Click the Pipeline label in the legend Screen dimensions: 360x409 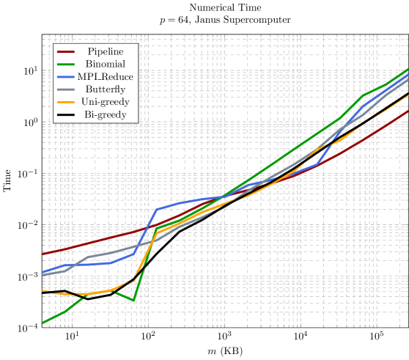click(x=105, y=51)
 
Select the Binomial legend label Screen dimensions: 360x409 click(x=105, y=65)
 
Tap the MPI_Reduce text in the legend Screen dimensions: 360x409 click(x=105, y=77)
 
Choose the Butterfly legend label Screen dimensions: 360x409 click(x=105, y=89)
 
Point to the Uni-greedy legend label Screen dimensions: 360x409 click(x=105, y=102)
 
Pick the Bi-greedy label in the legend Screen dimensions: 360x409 click(x=105, y=115)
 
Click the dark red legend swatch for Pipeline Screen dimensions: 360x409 click(x=66, y=51)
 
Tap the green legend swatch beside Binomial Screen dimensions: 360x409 click(x=66, y=65)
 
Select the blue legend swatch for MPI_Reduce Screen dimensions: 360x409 click(x=66, y=77)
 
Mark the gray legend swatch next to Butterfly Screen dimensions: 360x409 click(x=66, y=89)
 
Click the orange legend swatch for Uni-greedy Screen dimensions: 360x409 click(x=66, y=102)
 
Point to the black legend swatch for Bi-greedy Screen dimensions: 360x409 click(x=66, y=115)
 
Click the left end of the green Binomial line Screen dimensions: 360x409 click(x=43, y=323)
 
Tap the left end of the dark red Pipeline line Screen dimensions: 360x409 click(x=43, y=254)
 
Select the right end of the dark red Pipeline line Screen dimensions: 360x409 click(x=408, y=110)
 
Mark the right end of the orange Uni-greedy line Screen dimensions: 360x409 click(x=408, y=95)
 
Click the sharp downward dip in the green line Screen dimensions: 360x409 click(x=133, y=301)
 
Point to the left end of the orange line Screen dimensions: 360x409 click(x=43, y=291)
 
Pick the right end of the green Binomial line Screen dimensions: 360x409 click(x=408, y=69)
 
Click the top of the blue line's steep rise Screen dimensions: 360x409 click(x=157, y=209)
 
